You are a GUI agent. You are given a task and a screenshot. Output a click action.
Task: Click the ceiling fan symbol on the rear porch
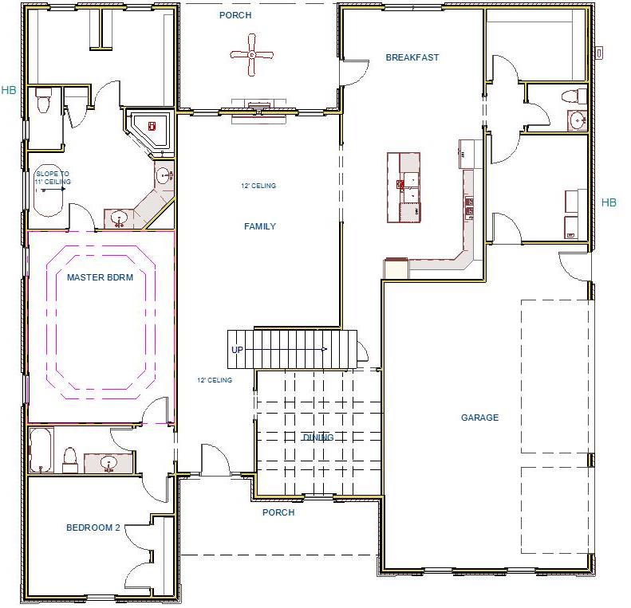[x=252, y=54]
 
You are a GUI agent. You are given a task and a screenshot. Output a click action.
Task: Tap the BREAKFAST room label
[x=412, y=57]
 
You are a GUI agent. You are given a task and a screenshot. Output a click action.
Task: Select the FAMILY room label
[x=259, y=226]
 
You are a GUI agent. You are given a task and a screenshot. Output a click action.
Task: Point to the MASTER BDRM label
[x=100, y=277]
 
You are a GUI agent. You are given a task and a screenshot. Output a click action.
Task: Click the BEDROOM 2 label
[x=93, y=528]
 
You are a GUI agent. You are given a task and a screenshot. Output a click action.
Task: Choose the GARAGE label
[x=479, y=418]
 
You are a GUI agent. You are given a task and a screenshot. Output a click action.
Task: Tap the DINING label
[x=317, y=437]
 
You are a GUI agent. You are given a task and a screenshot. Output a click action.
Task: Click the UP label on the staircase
[x=237, y=351]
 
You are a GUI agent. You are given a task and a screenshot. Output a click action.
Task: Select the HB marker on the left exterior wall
[x=9, y=90]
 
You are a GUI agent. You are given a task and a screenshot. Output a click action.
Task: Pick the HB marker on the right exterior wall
[x=609, y=202]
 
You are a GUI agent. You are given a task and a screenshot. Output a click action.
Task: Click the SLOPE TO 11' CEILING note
[x=53, y=178]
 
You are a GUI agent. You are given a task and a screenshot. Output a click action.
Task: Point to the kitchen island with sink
[x=404, y=188]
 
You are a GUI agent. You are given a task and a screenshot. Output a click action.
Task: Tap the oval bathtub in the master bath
[x=50, y=191]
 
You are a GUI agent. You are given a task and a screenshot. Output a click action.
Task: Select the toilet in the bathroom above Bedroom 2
[x=69, y=460]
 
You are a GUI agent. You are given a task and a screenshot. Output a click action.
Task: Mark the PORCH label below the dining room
[x=278, y=512]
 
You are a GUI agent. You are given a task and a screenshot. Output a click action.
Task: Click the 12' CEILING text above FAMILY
[x=258, y=186]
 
